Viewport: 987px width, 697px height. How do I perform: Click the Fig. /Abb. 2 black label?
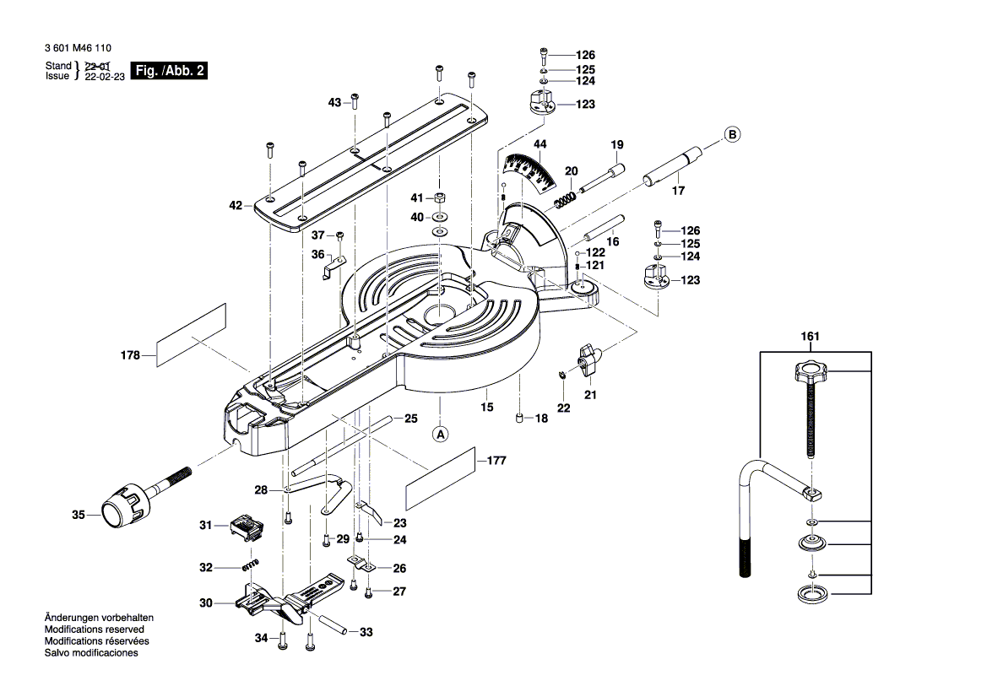168,71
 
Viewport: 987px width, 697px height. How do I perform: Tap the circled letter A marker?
441,435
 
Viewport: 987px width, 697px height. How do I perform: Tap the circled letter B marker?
732,134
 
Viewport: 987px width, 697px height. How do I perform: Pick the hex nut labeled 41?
440,199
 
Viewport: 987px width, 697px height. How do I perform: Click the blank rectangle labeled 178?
193,335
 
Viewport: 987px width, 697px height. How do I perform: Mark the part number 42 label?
236,205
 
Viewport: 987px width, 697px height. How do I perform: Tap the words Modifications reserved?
94,629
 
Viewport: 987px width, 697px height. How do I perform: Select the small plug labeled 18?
520,418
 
